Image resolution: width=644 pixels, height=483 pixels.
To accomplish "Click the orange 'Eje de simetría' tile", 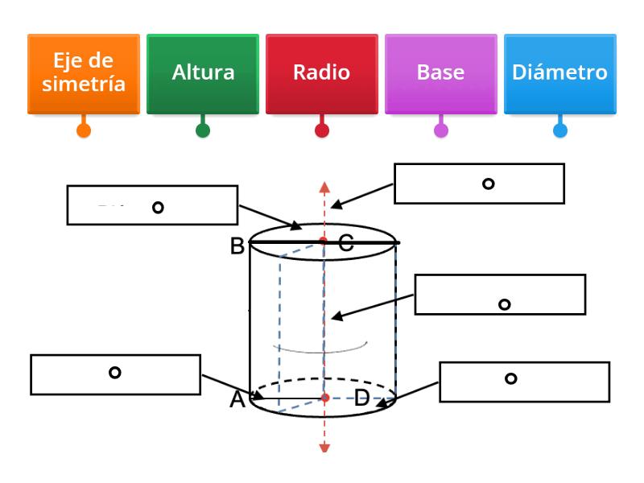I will tap(83, 73).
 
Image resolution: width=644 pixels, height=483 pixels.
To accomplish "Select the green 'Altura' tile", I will tap(203, 73).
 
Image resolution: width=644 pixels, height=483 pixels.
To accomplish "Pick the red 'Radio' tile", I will tap(321, 73).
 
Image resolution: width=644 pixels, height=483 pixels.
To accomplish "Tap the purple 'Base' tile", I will tap(440, 73).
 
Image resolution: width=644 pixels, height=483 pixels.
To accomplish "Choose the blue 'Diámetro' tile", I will tap(559, 73).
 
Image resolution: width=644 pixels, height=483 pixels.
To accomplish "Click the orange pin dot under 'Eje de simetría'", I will tap(83, 130).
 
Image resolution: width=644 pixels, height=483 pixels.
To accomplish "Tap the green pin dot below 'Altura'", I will tap(203, 130).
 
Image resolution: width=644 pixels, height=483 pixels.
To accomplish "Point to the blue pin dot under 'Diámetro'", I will tap(559, 130).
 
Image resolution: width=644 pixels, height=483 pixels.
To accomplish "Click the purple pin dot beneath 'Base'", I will tap(441, 130).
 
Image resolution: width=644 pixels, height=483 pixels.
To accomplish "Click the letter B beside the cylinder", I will tap(237, 246).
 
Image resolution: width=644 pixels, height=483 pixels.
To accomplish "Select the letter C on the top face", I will tap(345, 244).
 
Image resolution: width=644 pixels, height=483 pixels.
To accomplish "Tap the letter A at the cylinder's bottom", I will tap(237, 399).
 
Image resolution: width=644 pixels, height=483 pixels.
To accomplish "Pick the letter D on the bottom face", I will tap(362, 398).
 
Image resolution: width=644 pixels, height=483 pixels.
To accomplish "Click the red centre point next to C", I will tap(323, 241).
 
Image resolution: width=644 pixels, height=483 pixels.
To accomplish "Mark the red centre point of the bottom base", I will tap(325, 398).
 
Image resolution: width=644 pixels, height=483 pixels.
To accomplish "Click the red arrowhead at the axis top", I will tap(324, 187).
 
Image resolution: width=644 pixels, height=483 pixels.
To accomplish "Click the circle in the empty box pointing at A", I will tap(115, 373).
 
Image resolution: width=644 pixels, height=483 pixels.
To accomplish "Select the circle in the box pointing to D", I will tap(510, 378).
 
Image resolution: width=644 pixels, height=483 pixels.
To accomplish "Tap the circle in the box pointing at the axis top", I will tap(488, 184).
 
